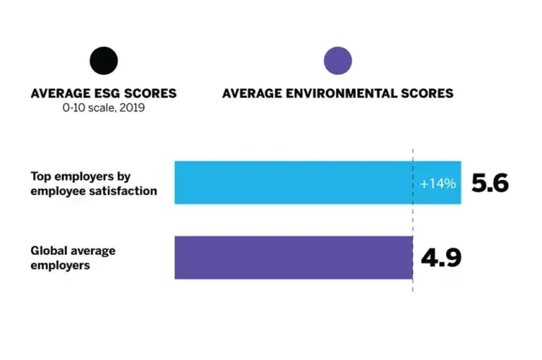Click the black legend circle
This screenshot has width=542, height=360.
tap(104, 61)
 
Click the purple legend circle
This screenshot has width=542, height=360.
tap(337, 61)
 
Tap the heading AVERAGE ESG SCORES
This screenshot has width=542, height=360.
tap(104, 93)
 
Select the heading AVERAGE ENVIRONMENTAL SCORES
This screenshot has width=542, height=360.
tap(337, 93)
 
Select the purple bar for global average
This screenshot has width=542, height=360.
tap(293, 258)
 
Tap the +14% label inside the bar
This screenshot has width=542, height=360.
tap(438, 184)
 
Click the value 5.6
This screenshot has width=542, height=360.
tap(490, 183)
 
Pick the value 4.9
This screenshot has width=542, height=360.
tap(441, 258)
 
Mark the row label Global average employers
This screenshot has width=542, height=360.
tap(73, 258)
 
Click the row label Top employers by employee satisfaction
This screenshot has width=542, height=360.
tap(93, 183)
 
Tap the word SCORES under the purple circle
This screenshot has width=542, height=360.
tap(427, 93)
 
